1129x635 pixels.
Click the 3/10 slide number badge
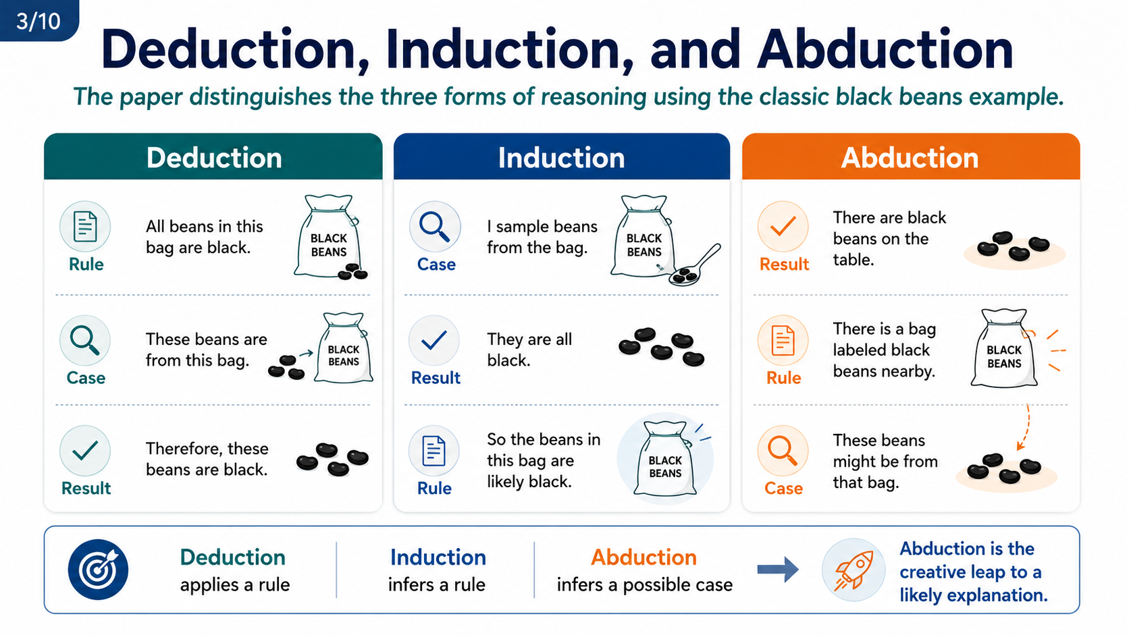pyautogui.click(x=38, y=20)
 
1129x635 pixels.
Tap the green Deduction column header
pyautogui.click(x=213, y=157)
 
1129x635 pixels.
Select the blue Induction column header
pyautogui.click(x=562, y=157)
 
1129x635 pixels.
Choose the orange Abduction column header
pyautogui.click(x=911, y=157)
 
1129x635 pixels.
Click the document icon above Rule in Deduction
pyautogui.click(x=85, y=227)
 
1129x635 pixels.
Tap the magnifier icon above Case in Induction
pyautogui.click(x=434, y=227)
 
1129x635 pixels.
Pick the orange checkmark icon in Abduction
pyautogui.click(x=783, y=227)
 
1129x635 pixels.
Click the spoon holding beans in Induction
pyautogui.click(x=695, y=266)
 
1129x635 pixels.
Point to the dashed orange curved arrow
pyautogui.click(x=1024, y=427)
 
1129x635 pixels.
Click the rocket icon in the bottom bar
pyautogui.click(x=854, y=570)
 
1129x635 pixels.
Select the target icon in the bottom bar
pyautogui.click(x=99, y=570)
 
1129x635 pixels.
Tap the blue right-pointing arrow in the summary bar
pyautogui.click(x=778, y=570)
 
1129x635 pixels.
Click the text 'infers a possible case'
pyautogui.click(x=645, y=584)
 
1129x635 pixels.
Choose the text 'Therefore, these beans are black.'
pyautogui.click(x=207, y=459)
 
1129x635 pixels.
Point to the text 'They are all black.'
pyautogui.click(x=529, y=350)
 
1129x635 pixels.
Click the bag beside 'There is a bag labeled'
pyautogui.click(x=1004, y=348)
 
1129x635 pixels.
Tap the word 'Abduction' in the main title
pyautogui.click(x=885, y=49)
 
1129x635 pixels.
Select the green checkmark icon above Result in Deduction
pyautogui.click(x=85, y=451)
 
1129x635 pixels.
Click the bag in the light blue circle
pyautogui.click(x=665, y=459)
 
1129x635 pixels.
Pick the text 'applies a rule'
pyautogui.click(x=235, y=584)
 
